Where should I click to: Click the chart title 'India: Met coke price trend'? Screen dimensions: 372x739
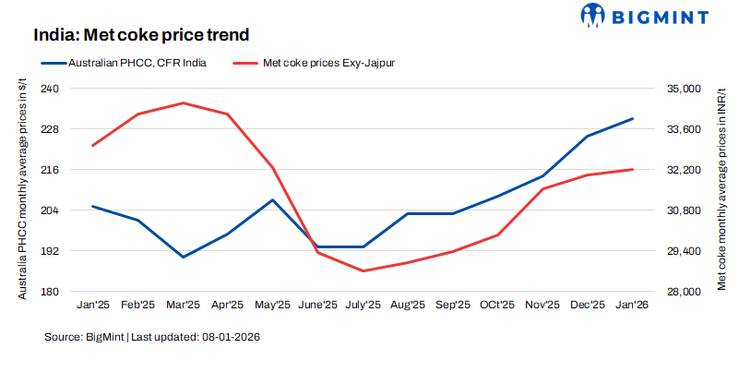click(x=142, y=35)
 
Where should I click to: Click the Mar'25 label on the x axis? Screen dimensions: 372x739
click(x=183, y=306)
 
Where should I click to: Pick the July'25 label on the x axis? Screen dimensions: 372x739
click(x=363, y=306)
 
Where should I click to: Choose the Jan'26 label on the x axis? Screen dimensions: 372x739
click(x=632, y=306)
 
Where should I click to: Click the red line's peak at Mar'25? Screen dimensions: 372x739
click(x=183, y=102)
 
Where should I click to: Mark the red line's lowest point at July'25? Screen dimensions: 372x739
click(x=363, y=271)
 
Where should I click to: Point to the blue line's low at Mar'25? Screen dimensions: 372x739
click(x=183, y=257)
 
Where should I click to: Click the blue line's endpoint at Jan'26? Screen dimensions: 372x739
click(x=632, y=118)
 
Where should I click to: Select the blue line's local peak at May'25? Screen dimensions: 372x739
click(x=272, y=199)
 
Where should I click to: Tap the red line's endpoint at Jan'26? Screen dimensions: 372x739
click(x=632, y=169)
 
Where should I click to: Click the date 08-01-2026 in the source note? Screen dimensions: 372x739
click(x=230, y=338)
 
